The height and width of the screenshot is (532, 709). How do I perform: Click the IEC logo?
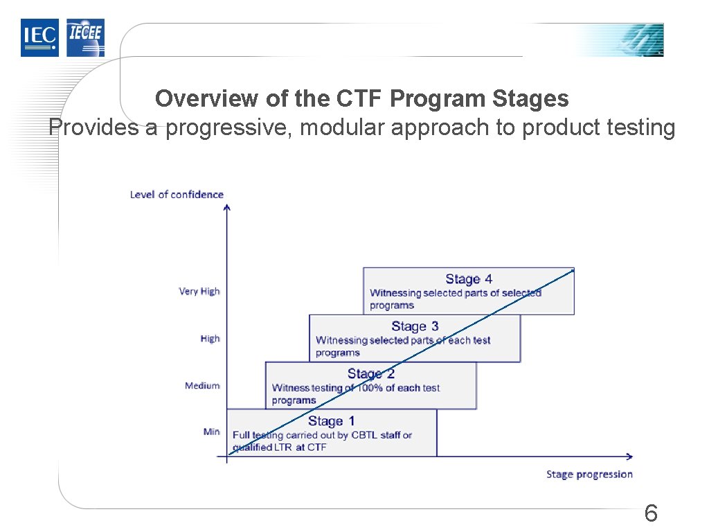(39, 37)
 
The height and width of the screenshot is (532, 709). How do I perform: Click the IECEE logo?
(85, 37)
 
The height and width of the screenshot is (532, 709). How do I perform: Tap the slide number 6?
(650, 514)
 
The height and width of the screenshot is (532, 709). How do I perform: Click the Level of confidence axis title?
(177, 195)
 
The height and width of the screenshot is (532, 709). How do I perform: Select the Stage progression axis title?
(589, 475)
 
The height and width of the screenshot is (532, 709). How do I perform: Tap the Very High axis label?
(199, 292)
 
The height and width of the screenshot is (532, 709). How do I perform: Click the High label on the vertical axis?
(210, 339)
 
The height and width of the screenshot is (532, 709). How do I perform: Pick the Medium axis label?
(202, 385)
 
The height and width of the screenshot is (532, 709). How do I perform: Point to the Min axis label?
(212, 432)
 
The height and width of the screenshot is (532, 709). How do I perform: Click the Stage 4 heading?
(469, 279)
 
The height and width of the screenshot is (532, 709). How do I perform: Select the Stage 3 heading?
(415, 326)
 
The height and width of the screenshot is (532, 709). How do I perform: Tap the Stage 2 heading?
(371, 374)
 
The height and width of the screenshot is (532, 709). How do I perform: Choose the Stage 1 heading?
(332, 421)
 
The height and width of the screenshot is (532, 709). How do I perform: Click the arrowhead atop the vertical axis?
(227, 206)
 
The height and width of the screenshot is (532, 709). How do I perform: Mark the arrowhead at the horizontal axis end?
(629, 456)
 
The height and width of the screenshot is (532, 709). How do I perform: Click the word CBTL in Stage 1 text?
(365, 435)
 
